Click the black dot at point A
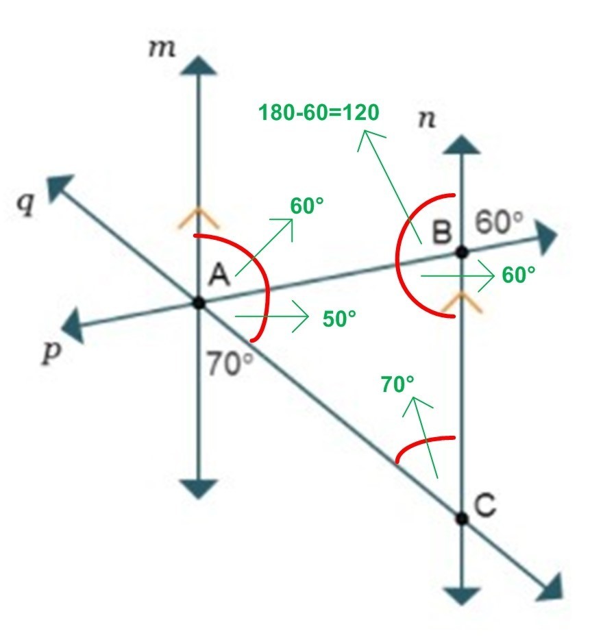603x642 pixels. click(199, 302)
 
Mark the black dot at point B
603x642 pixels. click(463, 252)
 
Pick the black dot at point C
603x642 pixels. click(462, 518)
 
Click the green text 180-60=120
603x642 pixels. click(319, 112)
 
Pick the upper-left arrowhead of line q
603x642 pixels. click(58, 186)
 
